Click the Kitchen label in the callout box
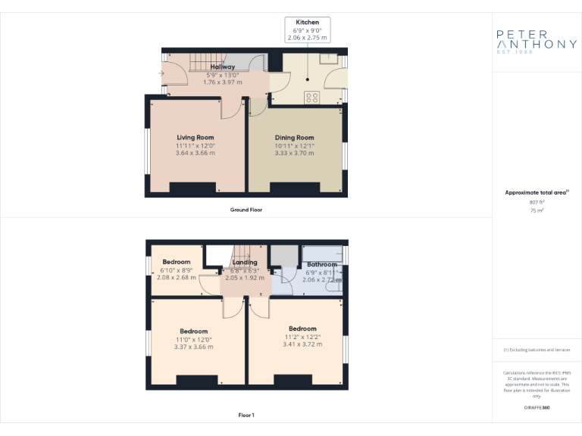point(307,23)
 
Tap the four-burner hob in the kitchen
point(311,97)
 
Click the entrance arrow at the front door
point(161,73)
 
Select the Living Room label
point(196,137)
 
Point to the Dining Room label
point(294,137)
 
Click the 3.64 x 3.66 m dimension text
point(196,153)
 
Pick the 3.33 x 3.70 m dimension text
point(294,153)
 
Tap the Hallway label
point(222,67)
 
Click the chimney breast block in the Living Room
point(196,189)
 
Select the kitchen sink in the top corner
point(330,58)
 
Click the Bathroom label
point(322,264)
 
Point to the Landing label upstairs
point(245,263)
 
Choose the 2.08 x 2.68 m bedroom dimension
point(176,277)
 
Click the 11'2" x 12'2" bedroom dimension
point(302,336)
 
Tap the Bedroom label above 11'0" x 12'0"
point(193,331)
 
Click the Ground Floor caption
point(246,210)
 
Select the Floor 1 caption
point(246,415)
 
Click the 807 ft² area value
point(537,202)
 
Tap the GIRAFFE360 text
point(537,407)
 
